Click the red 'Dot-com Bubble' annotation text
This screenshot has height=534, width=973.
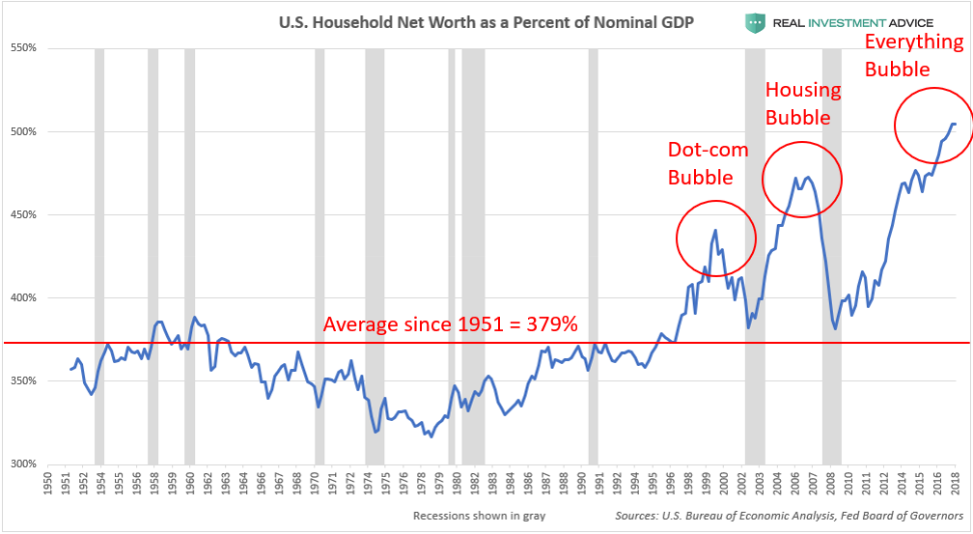click(700, 163)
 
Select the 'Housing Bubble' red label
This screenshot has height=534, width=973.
click(803, 103)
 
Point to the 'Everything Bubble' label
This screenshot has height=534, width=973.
click(913, 55)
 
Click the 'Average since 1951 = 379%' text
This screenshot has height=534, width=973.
click(449, 323)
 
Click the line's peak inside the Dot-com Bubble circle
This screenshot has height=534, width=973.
click(715, 230)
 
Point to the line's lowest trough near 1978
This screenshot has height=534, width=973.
click(431, 436)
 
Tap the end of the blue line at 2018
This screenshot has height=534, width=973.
click(955, 124)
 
